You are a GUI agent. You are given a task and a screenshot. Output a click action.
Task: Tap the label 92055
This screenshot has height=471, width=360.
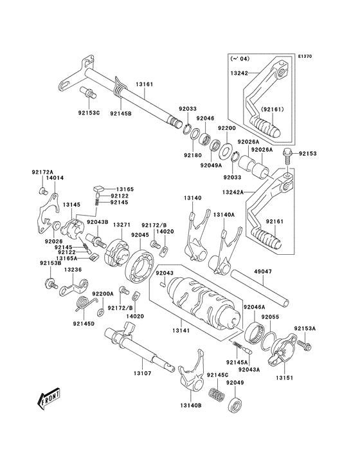(269, 317)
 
